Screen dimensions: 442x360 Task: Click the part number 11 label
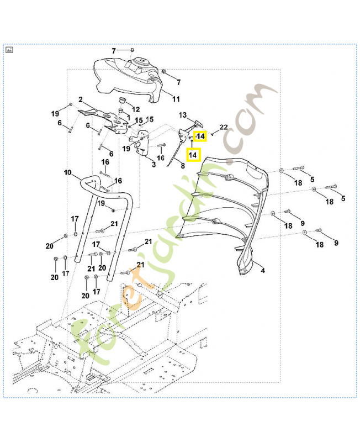pyautogui.click(x=176, y=99)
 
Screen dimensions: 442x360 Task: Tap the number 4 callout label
pyautogui.click(x=262, y=271)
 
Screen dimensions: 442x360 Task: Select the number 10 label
pyautogui.click(x=67, y=172)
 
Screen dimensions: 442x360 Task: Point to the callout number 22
pyautogui.click(x=224, y=127)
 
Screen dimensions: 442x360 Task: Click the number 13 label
pyautogui.click(x=183, y=115)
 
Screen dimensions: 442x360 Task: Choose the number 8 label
pyautogui.click(x=182, y=166)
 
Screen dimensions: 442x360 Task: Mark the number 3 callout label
pyautogui.click(x=153, y=165)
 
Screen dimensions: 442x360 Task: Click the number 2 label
pyautogui.click(x=81, y=100)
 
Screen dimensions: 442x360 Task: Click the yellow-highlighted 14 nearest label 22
pyautogui.click(x=200, y=135)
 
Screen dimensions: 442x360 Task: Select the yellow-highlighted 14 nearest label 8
pyautogui.click(x=193, y=156)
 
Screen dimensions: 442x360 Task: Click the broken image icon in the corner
pyautogui.click(x=9, y=50)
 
